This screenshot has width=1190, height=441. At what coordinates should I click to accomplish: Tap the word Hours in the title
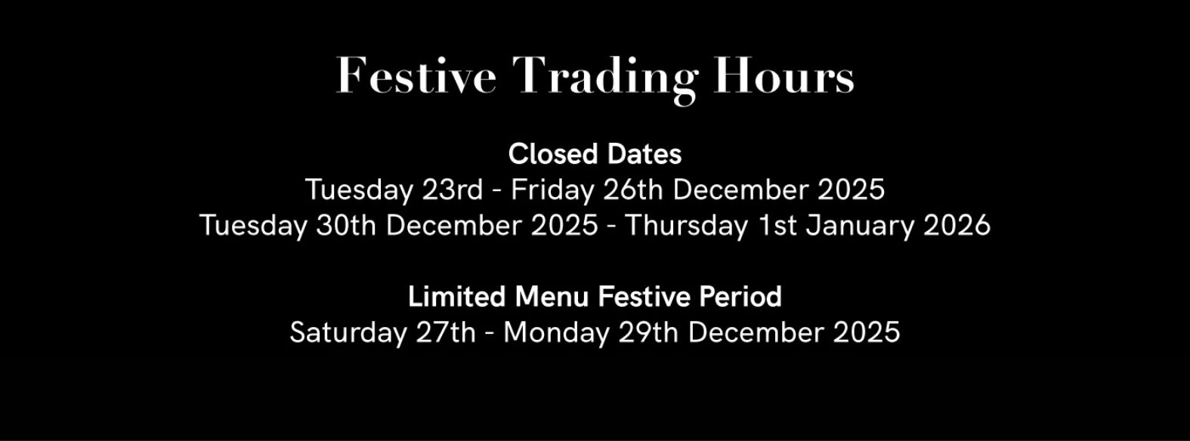tap(784, 76)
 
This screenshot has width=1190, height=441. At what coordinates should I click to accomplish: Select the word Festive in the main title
tap(416, 76)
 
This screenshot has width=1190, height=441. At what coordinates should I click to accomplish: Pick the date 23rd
tap(452, 190)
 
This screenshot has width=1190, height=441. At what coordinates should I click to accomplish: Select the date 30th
tap(346, 226)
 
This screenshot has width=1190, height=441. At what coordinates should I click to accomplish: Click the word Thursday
tap(686, 226)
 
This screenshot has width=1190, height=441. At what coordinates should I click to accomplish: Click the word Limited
tap(457, 297)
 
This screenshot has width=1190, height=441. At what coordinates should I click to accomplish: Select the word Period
tap(740, 297)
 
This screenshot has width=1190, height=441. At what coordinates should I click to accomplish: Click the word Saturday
tap(348, 333)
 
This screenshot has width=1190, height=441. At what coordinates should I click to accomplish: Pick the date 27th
tap(446, 333)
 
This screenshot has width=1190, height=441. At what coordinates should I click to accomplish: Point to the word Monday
tap(556, 333)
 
